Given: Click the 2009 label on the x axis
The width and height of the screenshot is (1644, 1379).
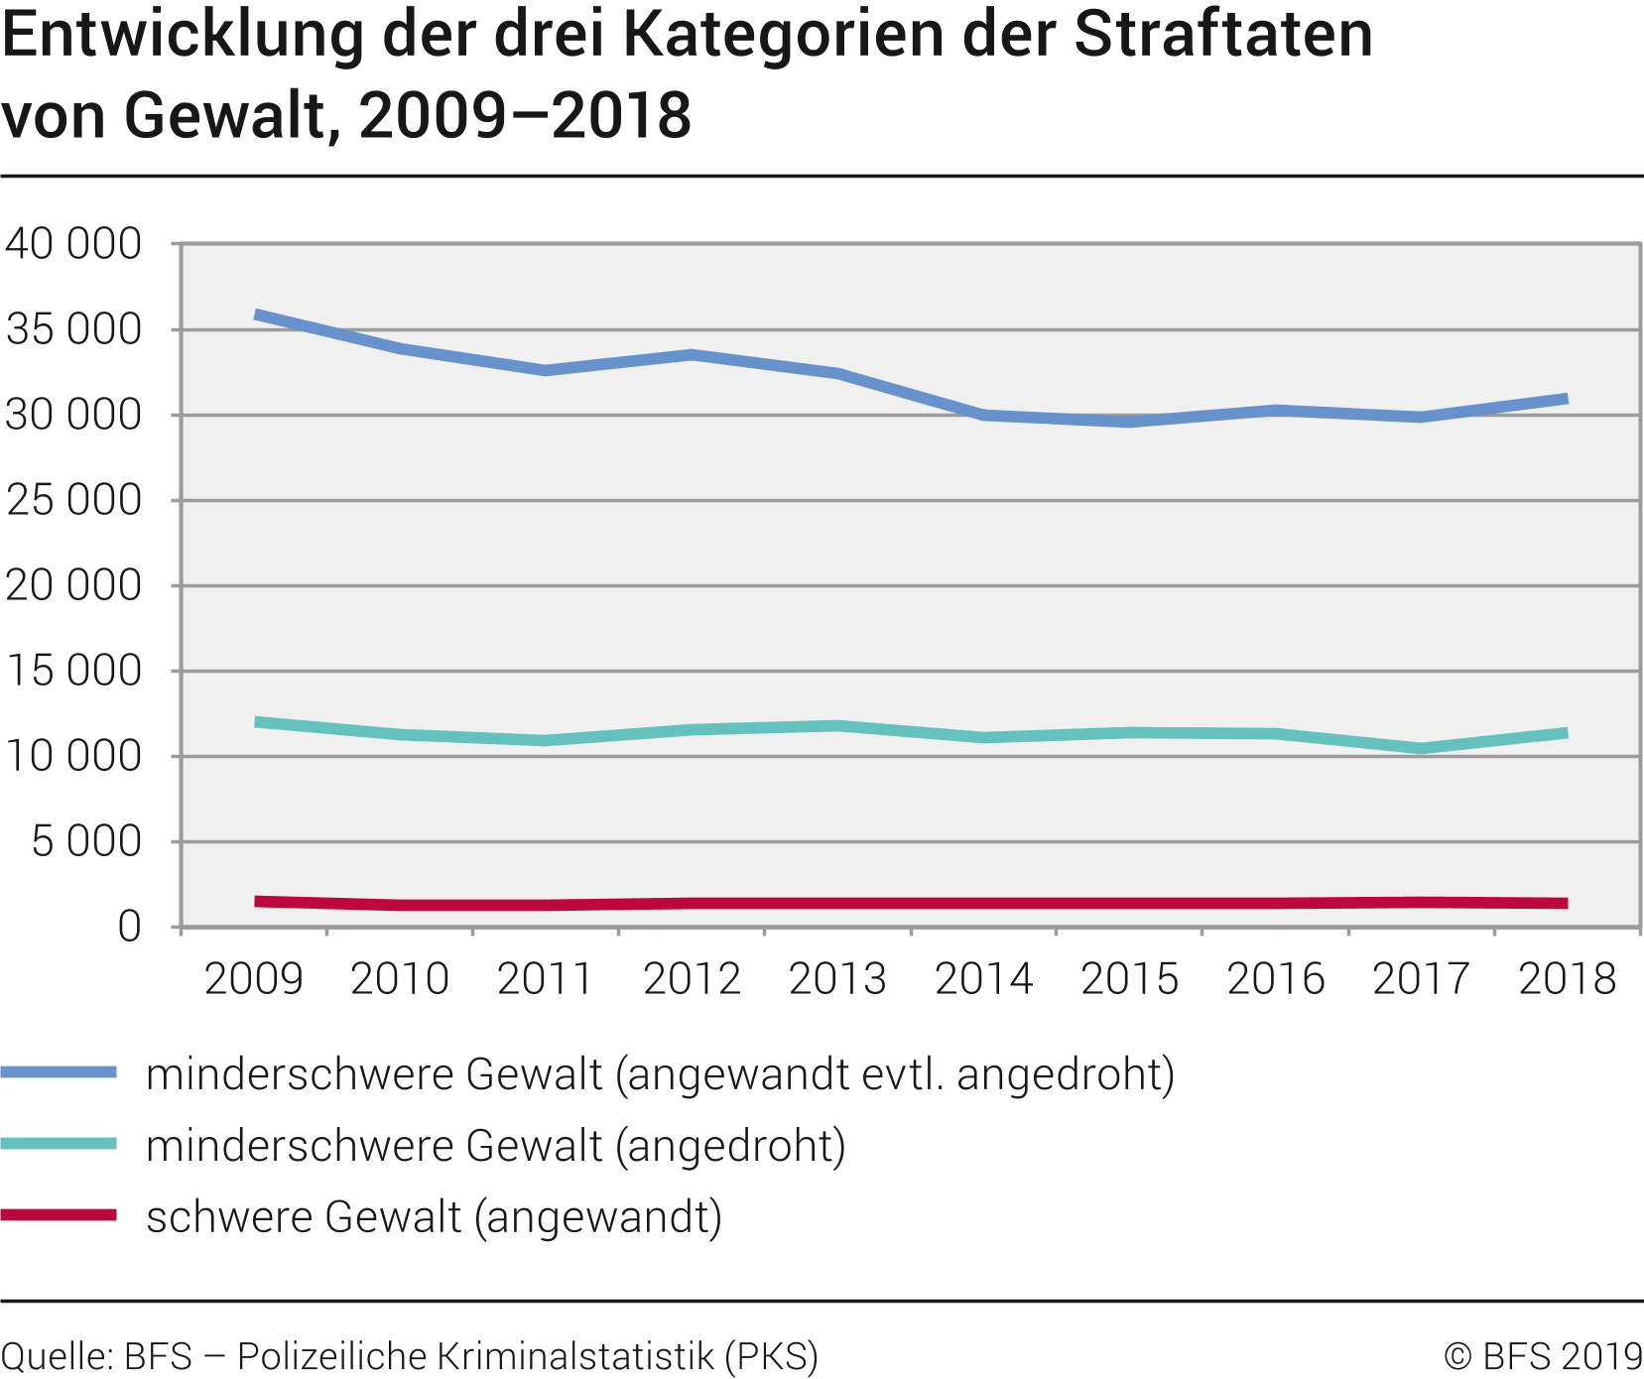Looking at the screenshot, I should point(253,979).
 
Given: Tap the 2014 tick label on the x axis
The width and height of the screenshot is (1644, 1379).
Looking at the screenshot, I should point(983,979).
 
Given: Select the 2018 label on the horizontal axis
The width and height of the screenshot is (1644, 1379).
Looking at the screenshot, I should point(1567,979).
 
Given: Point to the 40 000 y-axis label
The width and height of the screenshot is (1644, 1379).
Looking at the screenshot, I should point(73,244).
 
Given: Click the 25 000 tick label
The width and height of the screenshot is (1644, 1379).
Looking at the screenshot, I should point(73,500).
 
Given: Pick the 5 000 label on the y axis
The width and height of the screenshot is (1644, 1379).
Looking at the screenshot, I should point(86,841).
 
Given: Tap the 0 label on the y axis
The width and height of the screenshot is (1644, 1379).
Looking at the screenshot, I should point(129,927).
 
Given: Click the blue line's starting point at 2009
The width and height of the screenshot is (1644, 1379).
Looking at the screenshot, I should point(256,314).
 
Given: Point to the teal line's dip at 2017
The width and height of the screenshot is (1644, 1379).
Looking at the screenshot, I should point(1422,748).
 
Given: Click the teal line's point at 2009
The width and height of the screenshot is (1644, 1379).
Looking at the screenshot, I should point(256,721).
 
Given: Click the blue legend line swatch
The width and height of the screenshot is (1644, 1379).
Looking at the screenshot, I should point(59,1072).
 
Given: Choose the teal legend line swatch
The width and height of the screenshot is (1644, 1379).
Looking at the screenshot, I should point(59,1144).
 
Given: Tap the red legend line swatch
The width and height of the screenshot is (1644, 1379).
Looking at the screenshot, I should point(59,1215).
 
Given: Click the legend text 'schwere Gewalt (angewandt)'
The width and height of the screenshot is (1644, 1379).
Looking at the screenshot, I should point(434,1217).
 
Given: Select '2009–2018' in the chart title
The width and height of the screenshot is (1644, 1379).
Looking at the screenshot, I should point(525,115).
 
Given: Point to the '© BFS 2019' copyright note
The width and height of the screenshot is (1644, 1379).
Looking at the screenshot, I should point(1543,1356).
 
